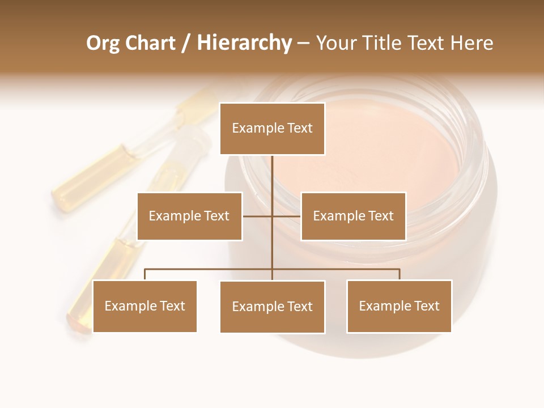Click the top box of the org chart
(272, 129)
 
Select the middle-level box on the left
(189, 216)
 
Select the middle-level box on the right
(353, 216)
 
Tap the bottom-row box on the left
(144, 306)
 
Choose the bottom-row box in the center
(272, 307)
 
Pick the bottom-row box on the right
(399, 307)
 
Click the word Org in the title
(103, 43)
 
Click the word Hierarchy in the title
(244, 43)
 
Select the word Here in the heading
(471, 43)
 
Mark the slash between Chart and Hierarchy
(186, 44)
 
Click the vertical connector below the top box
(272, 176)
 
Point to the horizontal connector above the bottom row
(210, 269)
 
